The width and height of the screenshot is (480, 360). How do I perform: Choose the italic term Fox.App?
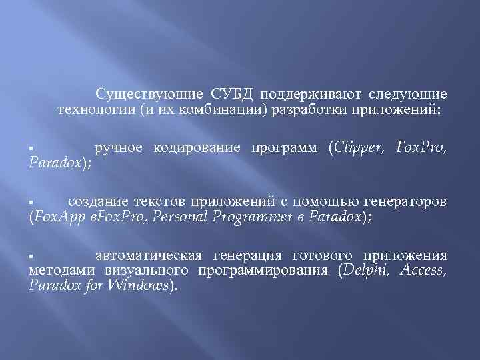coord(58,216)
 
